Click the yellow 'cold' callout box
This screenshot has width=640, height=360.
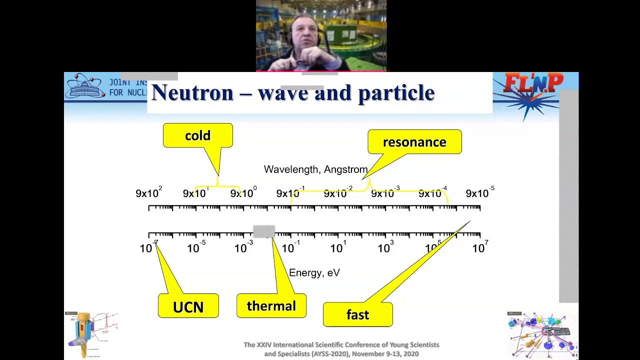(197, 135)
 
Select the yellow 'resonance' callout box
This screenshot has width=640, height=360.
(414, 142)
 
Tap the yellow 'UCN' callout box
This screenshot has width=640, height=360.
(188, 306)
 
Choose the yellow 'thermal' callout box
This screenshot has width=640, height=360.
(271, 306)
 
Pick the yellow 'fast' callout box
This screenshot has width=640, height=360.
(357, 314)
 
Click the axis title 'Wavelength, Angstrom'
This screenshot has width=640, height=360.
(315, 169)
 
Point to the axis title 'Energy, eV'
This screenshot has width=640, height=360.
(314, 272)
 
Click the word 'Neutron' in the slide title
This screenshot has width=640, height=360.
(192, 93)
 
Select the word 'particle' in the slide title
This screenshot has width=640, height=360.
(396, 93)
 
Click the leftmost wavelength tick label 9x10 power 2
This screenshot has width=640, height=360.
(148, 193)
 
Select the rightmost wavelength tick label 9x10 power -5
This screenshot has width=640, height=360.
(479, 193)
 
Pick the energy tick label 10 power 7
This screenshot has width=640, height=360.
(479, 247)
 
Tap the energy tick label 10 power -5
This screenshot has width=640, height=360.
(195, 247)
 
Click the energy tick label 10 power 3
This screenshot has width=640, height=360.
(385, 247)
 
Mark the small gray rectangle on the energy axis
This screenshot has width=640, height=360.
(263, 231)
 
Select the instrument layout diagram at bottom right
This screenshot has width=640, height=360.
(542, 334)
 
